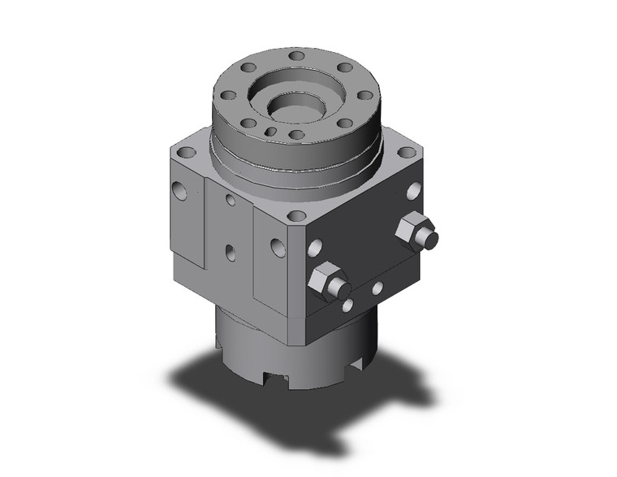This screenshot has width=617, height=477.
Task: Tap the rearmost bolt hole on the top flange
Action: [298, 57]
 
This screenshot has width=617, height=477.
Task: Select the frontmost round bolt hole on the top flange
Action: [297, 135]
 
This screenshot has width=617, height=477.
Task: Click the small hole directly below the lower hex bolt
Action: [347, 306]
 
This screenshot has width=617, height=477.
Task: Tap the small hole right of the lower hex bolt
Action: [377, 288]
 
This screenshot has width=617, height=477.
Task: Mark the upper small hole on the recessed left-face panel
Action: [231, 200]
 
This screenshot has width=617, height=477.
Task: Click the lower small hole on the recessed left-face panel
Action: [231, 253]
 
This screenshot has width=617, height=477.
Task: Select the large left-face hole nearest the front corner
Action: [278, 246]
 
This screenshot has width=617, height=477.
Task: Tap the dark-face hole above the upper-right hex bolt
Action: [412, 191]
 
